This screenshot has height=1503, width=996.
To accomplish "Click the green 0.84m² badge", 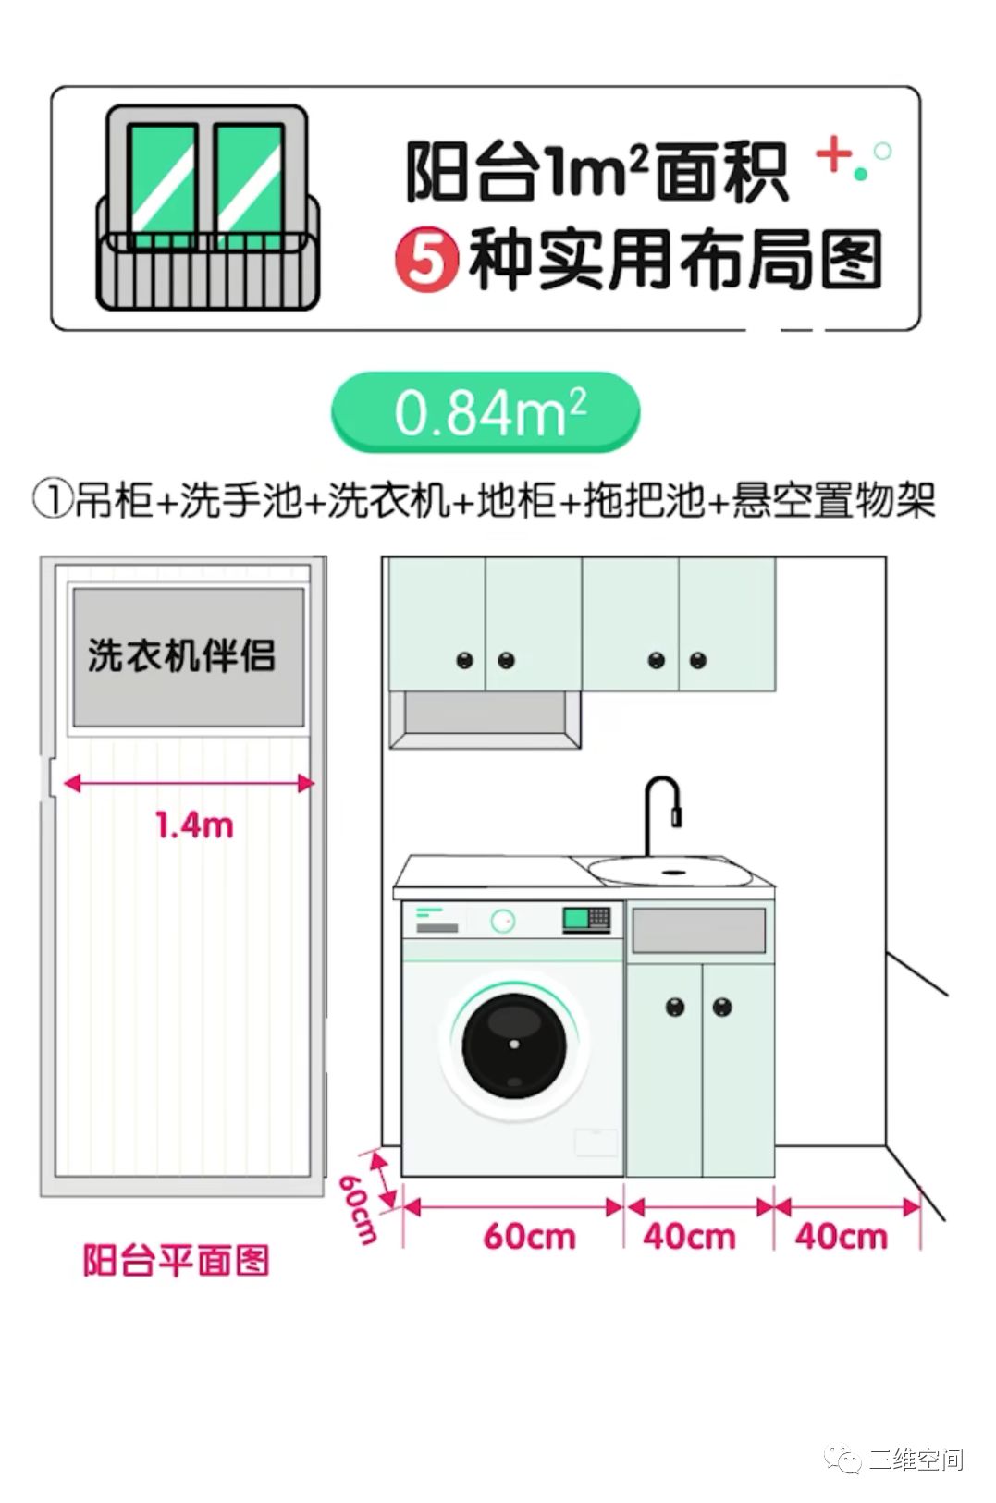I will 486,411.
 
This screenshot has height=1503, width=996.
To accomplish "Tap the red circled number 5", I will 427,261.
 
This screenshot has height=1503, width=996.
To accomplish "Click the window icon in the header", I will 207,207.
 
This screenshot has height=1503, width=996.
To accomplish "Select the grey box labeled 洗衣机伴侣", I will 189,656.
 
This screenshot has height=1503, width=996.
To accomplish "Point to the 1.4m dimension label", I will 194,825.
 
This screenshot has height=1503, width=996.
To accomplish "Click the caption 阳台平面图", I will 176,1260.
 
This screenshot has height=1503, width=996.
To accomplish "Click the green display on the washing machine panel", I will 576,919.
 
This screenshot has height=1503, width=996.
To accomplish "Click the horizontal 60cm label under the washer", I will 529,1237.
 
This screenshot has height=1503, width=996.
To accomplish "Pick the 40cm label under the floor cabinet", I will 690,1237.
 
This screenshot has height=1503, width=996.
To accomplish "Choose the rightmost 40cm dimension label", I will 842,1237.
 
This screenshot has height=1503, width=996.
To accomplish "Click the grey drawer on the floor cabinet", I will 699,930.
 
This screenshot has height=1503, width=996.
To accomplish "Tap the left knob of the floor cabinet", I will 675,1007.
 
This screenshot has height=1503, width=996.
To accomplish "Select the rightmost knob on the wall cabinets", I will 698,660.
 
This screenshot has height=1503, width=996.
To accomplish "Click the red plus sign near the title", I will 833,154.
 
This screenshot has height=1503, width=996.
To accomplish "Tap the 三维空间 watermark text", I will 916,1460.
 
